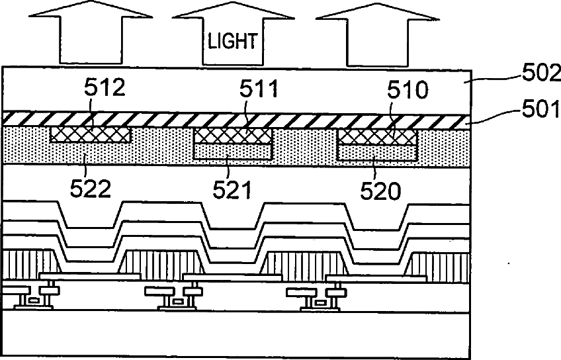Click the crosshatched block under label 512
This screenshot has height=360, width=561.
click(x=91, y=134)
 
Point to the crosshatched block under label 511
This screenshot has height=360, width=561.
click(x=233, y=136)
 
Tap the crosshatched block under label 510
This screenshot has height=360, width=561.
click(x=377, y=136)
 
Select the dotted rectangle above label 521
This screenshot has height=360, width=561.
click(x=233, y=152)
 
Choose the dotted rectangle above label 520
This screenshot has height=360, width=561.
click(x=377, y=153)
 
